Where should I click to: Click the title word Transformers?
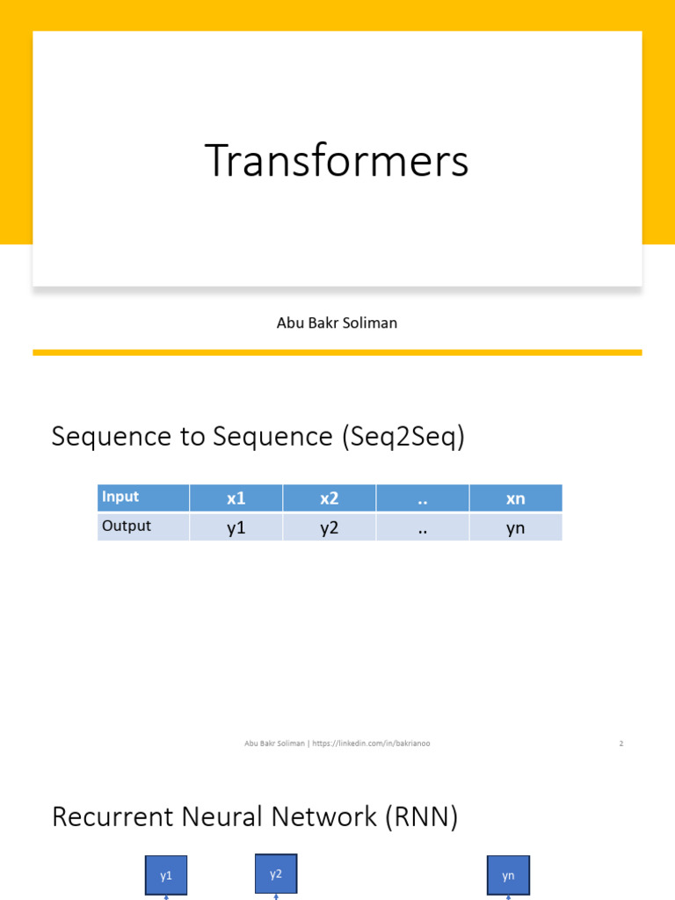point(337,162)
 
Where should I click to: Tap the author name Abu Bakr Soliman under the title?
point(337,323)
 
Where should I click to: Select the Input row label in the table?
point(120,497)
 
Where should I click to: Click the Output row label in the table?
point(127,526)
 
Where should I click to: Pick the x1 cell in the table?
point(236,498)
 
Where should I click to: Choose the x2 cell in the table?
point(329,498)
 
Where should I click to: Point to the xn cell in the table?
point(515,498)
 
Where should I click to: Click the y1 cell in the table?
point(236,527)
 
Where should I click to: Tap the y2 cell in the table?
point(329,527)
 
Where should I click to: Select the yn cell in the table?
point(515,527)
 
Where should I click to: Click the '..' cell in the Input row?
point(422,498)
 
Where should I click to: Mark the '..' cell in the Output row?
point(422,527)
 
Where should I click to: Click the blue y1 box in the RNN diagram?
point(166,875)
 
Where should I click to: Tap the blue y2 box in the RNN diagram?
point(276,874)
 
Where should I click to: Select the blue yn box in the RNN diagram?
point(508,875)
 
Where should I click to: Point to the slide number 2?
point(621,744)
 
